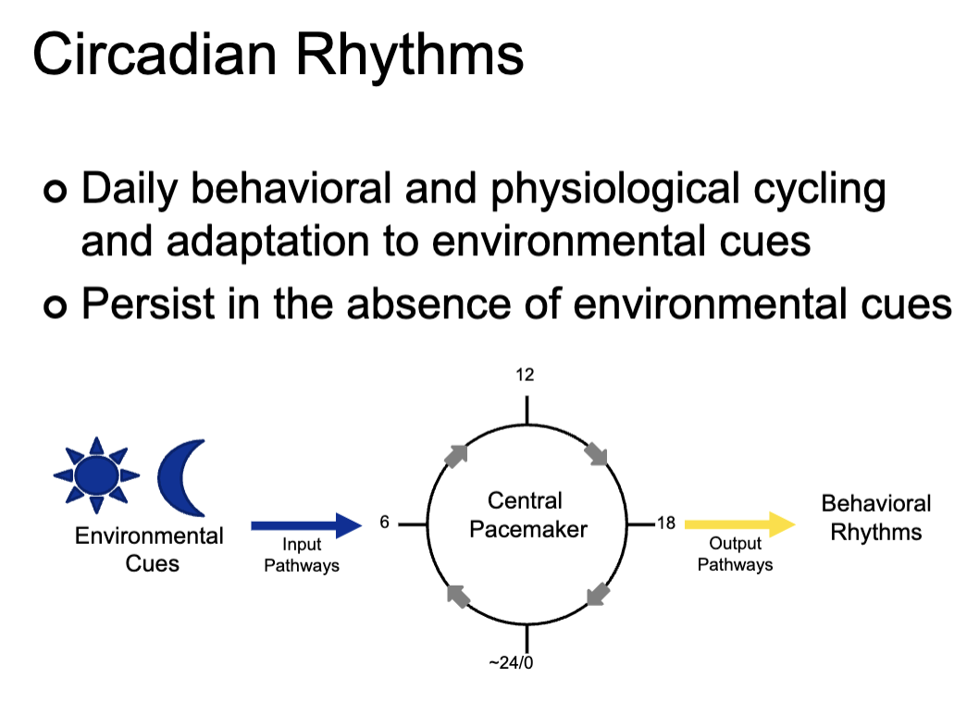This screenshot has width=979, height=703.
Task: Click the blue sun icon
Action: (97, 475)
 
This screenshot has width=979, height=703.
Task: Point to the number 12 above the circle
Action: (526, 376)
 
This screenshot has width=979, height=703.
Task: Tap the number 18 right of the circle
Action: (665, 524)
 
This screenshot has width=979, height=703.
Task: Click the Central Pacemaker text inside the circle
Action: (526, 515)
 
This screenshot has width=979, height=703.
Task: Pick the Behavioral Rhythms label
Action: (875, 518)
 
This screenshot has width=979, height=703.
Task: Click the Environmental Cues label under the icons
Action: (149, 549)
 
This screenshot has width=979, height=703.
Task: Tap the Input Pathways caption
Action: (302, 555)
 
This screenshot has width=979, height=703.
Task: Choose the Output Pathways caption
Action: (735, 554)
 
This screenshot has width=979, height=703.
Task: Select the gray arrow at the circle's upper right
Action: (597, 454)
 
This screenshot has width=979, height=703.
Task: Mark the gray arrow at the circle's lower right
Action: (599, 593)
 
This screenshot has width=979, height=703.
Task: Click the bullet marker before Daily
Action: (55, 192)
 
